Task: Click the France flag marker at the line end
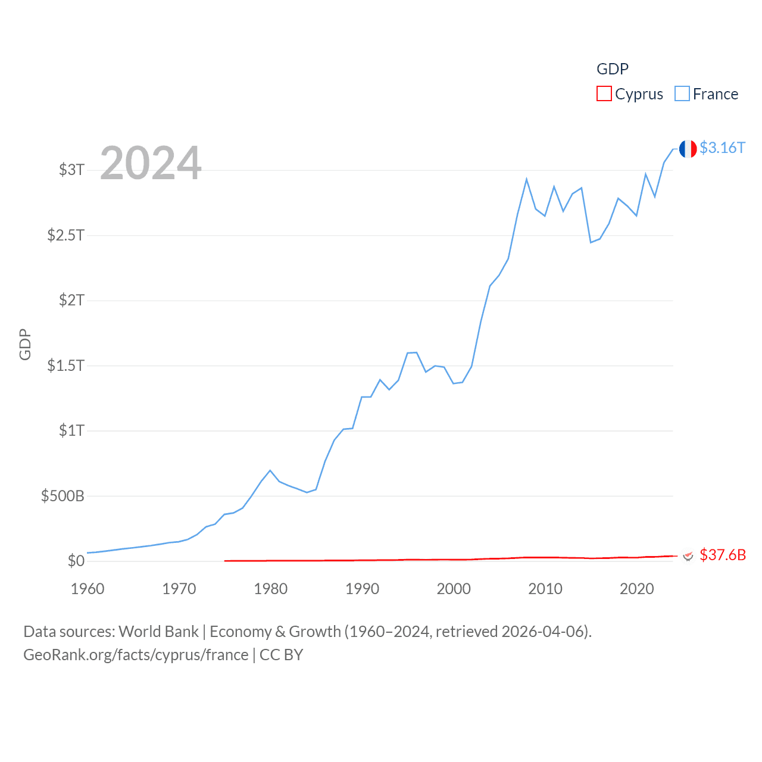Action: pos(688,149)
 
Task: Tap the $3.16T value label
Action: pos(722,148)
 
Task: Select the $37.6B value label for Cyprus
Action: pos(722,555)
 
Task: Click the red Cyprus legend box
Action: pos(604,94)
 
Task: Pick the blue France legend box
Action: pos(682,94)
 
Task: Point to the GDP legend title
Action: pos(612,69)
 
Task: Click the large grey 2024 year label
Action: pos(151,163)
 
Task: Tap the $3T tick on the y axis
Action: pos(71,170)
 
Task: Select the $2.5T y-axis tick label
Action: pos(66,235)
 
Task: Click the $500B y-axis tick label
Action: pos(63,496)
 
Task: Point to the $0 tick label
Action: pos(76,561)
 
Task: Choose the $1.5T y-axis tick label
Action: pos(66,366)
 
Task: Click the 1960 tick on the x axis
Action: pos(88,589)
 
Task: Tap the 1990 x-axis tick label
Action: pos(362,589)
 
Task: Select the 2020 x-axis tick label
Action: pos(636,589)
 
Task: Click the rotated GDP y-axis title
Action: pos(25,344)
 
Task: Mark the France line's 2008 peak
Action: pos(526,179)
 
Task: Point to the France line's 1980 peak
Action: pos(270,470)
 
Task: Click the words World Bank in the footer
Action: pos(158,632)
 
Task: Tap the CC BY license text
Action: pos(282,655)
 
